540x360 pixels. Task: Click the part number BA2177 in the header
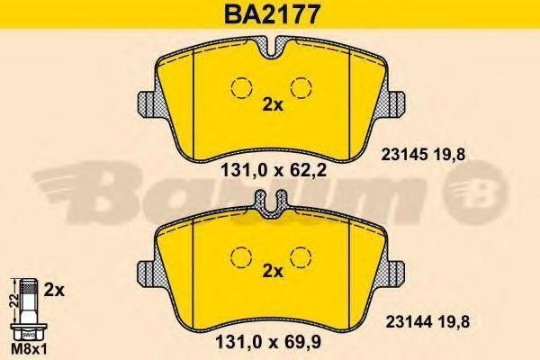point(271,14)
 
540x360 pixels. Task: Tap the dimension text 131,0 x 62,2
point(273,170)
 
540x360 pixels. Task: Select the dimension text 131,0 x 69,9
point(268,343)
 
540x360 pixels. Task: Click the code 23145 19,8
point(423,155)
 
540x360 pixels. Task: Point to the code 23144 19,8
point(427,322)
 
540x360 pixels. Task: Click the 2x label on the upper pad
point(273,104)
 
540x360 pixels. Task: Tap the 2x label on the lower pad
point(273,272)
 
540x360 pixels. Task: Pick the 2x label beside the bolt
point(54,291)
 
